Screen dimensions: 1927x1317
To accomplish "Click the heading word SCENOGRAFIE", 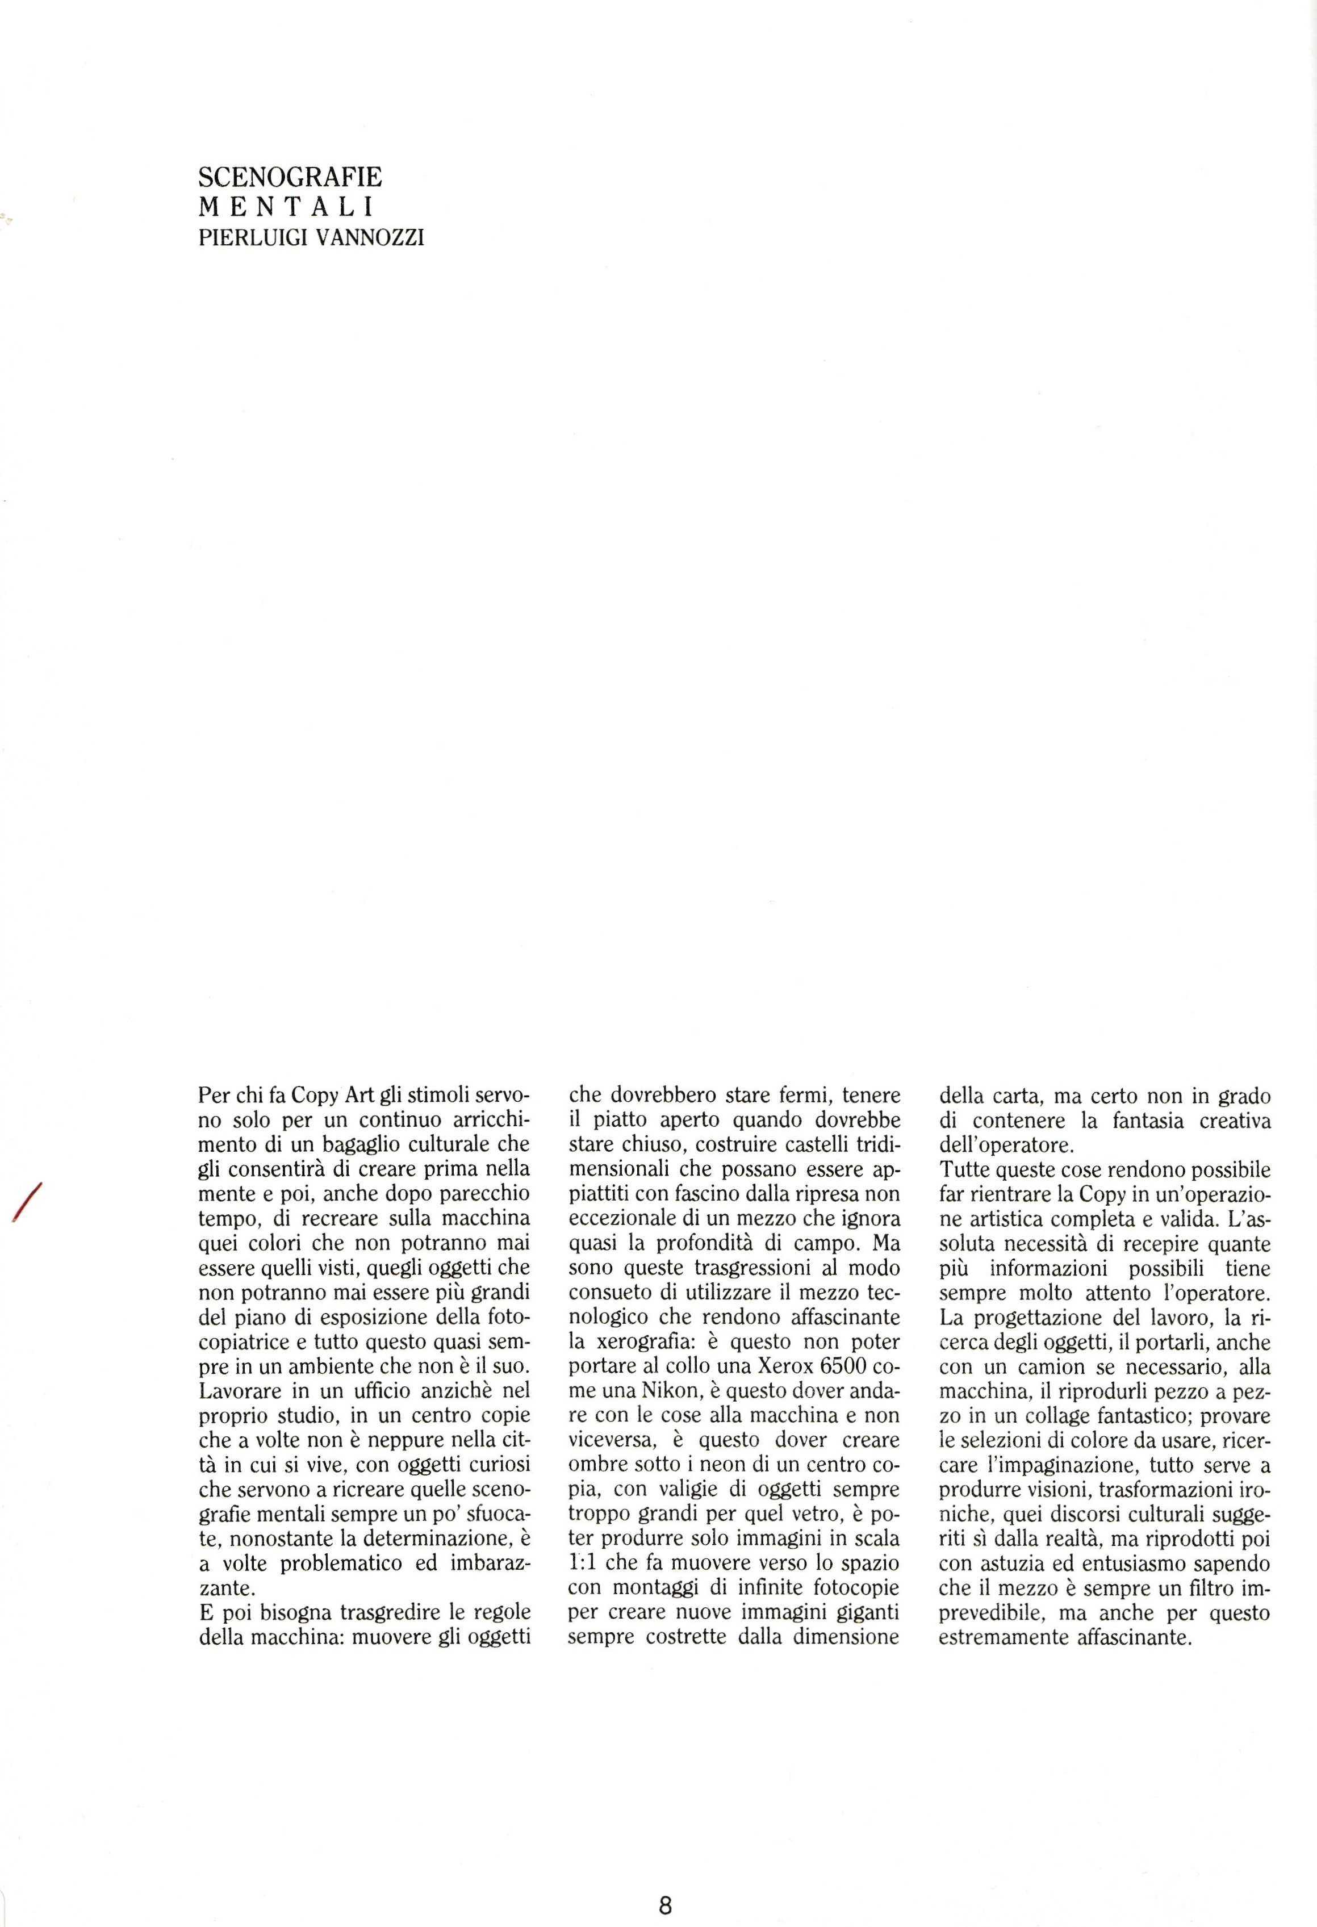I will [290, 177].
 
